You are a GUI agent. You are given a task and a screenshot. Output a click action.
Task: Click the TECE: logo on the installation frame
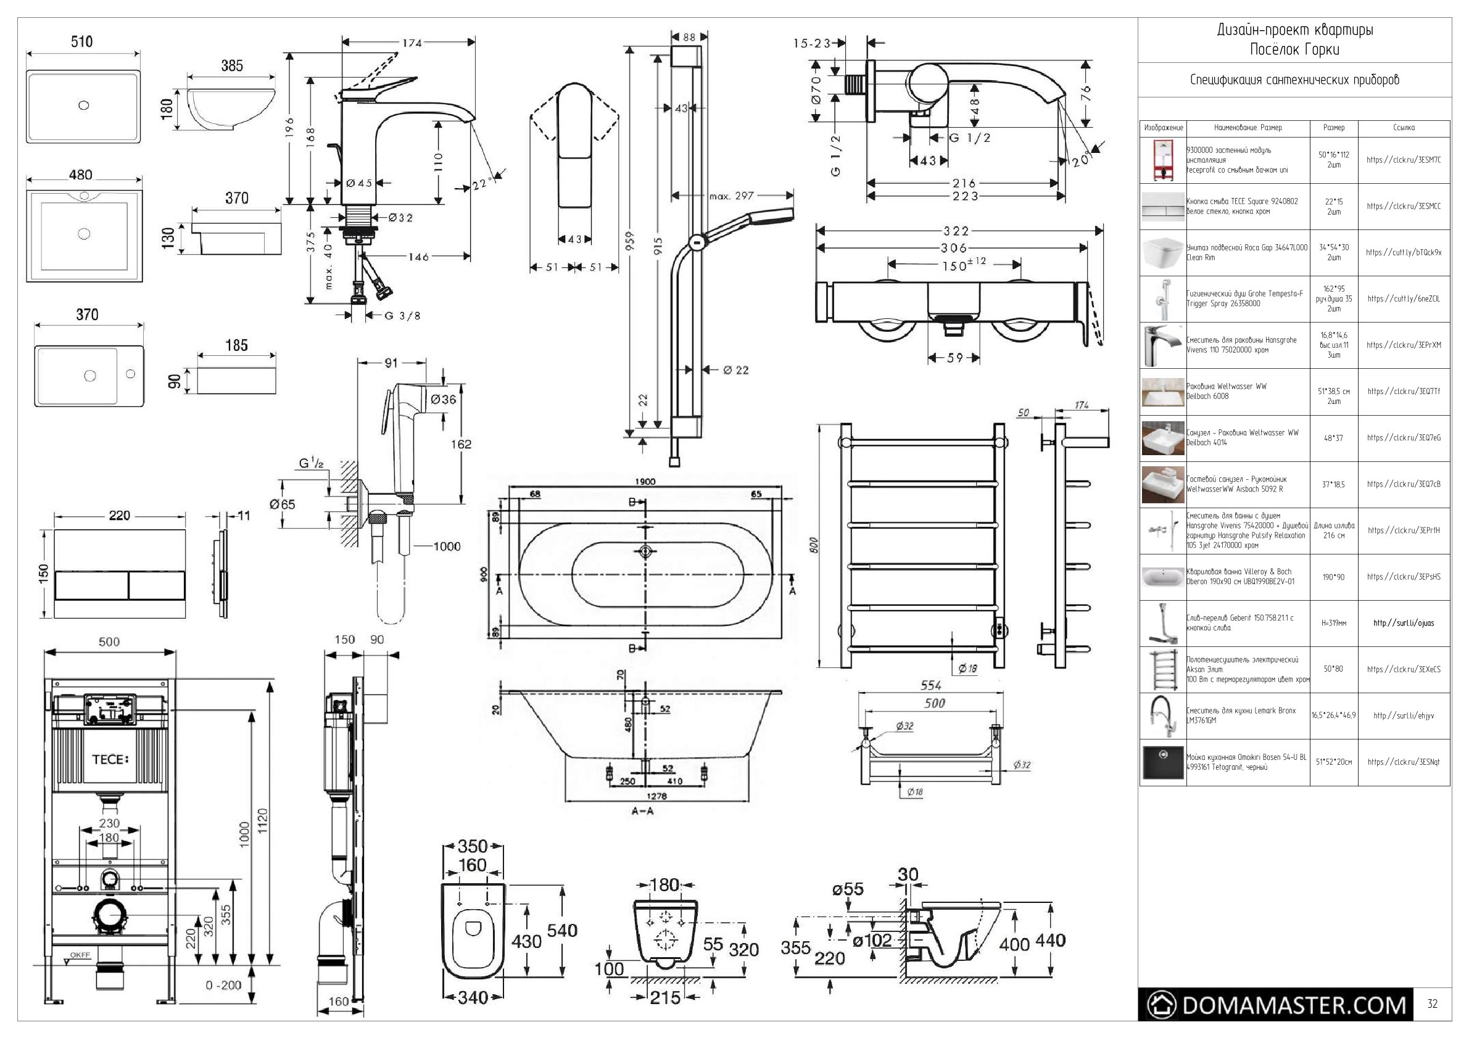click(110, 759)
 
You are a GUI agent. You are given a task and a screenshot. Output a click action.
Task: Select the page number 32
click(1432, 1004)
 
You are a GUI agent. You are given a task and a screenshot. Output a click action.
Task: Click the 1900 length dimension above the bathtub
click(645, 482)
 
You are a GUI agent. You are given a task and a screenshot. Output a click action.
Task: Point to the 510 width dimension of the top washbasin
click(81, 42)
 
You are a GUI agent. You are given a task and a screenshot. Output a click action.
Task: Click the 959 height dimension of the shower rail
click(630, 240)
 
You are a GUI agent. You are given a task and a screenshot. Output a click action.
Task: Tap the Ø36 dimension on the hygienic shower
click(444, 400)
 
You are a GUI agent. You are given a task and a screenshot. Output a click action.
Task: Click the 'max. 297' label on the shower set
click(731, 196)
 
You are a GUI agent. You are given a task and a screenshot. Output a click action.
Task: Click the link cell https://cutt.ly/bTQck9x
click(1404, 253)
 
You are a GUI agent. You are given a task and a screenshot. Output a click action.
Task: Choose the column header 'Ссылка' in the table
click(1404, 128)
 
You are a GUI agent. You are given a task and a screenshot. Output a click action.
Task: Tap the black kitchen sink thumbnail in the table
click(1162, 762)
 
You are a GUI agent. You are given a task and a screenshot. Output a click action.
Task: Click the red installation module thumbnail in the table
click(1162, 160)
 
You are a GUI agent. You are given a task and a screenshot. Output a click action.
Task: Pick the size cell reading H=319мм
click(1333, 623)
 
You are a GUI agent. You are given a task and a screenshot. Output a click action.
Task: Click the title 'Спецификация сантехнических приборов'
click(1294, 80)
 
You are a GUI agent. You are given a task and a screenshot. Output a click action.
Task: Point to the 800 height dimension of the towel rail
click(814, 545)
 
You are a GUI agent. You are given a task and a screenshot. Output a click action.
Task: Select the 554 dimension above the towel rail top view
click(930, 686)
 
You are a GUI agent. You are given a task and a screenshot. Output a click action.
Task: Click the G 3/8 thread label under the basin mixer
click(402, 315)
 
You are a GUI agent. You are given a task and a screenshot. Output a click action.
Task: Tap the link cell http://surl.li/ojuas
click(1404, 623)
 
